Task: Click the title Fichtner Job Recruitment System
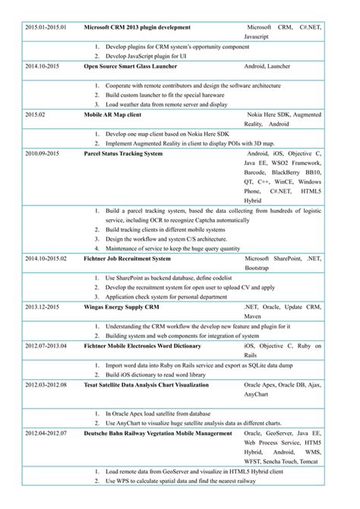coord(127,258)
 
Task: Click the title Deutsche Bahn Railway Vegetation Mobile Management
coord(157,433)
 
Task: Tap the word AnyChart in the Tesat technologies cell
coord(257,395)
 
